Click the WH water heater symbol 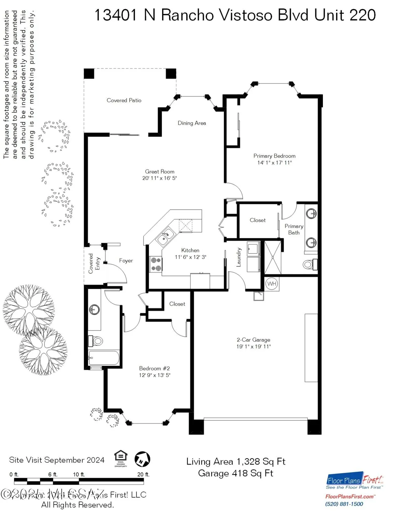pyautogui.click(x=272, y=284)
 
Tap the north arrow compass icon pyautogui.click(x=142, y=459)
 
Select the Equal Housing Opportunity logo pyautogui.click(x=121, y=458)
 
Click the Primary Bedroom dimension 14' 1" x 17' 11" pyautogui.click(x=274, y=163)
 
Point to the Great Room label pyautogui.click(x=160, y=172)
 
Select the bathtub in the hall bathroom pyautogui.click(x=104, y=358)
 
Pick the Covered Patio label pyautogui.click(x=124, y=100)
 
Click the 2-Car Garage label pyautogui.click(x=253, y=340)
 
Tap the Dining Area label pyautogui.click(x=192, y=123)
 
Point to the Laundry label pyautogui.click(x=239, y=257)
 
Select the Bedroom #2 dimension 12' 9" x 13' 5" pyautogui.click(x=155, y=375)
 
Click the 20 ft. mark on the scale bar pyautogui.click(x=143, y=474)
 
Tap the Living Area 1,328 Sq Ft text pyautogui.click(x=236, y=462)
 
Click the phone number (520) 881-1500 pyautogui.click(x=344, y=504)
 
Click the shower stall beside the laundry pyautogui.click(x=273, y=257)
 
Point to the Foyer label pyautogui.click(x=126, y=261)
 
